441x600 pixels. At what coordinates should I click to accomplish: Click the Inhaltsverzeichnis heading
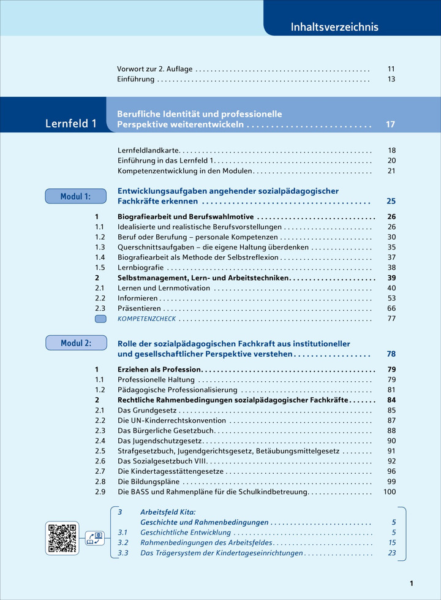[x=334, y=27]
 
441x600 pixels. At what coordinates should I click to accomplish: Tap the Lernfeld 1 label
[x=71, y=124]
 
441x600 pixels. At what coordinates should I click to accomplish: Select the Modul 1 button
[x=75, y=196]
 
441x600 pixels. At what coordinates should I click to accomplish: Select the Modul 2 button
[x=75, y=343]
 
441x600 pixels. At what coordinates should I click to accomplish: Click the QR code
[x=63, y=537]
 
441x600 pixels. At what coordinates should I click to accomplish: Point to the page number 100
[x=390, y=492]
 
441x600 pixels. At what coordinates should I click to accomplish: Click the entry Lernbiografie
[x=140, y=267]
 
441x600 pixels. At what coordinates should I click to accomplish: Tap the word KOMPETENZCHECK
[x=146, y=319]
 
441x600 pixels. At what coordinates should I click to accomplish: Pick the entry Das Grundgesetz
[x=147, y=410]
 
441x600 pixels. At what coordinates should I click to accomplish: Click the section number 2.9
[x=100, y=492]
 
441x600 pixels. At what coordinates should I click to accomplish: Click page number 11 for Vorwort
[x=391, y=69]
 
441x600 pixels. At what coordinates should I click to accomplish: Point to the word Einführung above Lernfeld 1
[x=135, y=80]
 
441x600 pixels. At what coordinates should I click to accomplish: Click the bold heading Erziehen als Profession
[x=159, y=370]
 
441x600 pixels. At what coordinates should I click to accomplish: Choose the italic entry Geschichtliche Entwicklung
[x=186, y=532]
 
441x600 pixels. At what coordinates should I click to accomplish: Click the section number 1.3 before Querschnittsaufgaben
[x=100, y=247]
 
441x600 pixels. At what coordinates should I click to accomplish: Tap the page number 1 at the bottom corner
[x=412, y=583]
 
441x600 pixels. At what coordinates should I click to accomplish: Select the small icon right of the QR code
[x=94, y=538]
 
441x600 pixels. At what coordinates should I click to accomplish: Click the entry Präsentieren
[x=139, y=308]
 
